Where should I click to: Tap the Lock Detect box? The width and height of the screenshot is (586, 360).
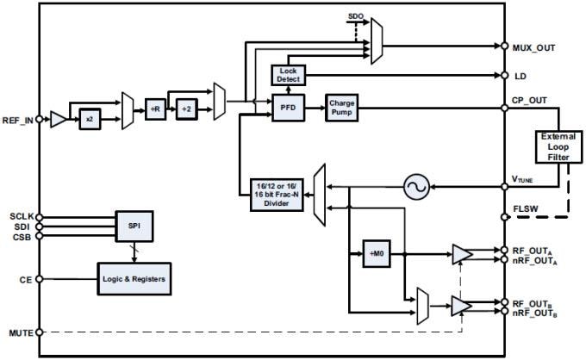pos(288,75)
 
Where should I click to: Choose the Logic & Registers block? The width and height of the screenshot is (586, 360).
pos(133,279)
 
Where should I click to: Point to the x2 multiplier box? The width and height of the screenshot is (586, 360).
pos(90,120)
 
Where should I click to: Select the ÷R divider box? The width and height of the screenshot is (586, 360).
pos(156,109)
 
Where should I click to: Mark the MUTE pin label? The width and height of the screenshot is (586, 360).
pos(21,331)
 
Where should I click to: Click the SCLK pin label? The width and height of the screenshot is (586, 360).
pos(21,216)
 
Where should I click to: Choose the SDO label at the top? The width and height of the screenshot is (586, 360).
pos(356,16)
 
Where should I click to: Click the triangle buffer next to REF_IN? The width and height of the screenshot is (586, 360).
pos(57,120)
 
